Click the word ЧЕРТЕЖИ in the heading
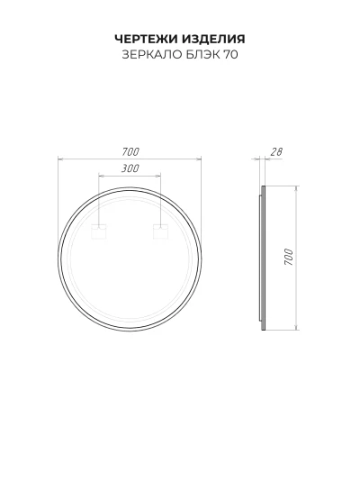click(x=147, y=39)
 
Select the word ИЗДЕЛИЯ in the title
click(x=214, y=39)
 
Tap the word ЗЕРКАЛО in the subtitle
click(x=148, y=55)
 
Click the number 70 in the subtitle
click(x=231, y=55)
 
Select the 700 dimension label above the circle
click(x=130, y=152)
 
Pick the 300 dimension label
click(x=130, y=168)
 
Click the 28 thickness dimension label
click(x=275, y=152)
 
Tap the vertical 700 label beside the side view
click(x=289, y=257)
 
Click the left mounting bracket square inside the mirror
click(x=99, y=231)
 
